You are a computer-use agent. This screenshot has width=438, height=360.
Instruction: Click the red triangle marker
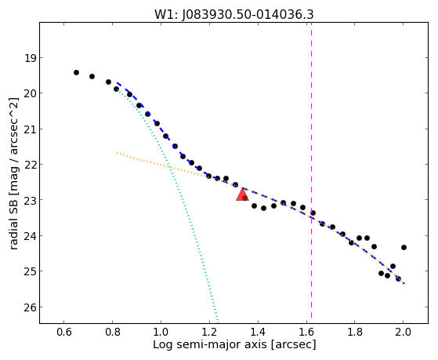(242, 195)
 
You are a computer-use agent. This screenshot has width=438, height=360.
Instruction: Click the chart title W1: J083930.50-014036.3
(234, 15)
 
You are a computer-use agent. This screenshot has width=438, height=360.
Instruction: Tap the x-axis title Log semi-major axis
(210, 345)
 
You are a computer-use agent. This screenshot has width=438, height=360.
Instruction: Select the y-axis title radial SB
(13, 222)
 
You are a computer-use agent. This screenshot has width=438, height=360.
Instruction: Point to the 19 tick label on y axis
(30, 59)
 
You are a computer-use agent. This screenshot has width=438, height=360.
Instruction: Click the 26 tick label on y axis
(30, 307)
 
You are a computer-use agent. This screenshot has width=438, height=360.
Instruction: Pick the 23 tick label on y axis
(30, 200)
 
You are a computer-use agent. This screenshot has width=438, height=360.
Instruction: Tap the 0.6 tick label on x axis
(64, 332)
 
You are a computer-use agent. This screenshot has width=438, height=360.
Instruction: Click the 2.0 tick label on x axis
(404, 332)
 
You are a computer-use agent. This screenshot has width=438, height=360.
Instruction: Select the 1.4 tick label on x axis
(258, 332)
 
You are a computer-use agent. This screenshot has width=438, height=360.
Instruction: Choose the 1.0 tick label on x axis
(161, 332)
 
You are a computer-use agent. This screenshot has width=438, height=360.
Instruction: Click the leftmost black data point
(76, 73)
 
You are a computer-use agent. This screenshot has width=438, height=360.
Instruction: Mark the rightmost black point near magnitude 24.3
(404, 247)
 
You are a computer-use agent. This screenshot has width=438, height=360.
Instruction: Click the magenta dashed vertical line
(311, 170)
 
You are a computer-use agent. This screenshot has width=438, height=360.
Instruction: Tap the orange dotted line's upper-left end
(117, 152)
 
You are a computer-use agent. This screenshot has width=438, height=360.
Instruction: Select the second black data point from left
(92, 76)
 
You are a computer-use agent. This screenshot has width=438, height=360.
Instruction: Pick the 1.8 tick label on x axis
(355, 332)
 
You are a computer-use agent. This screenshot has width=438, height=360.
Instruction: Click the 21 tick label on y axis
(30, 129)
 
